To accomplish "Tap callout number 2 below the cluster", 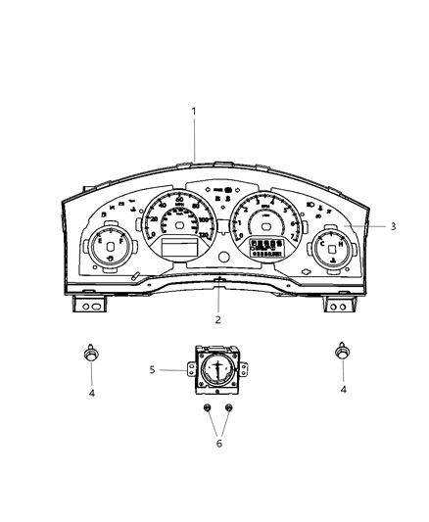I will coord(217,320).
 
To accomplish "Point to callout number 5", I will coord(152,370).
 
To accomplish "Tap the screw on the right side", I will coord(343,354).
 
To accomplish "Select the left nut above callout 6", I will coord(207,409).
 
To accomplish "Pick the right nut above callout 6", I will coord(228,409).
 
